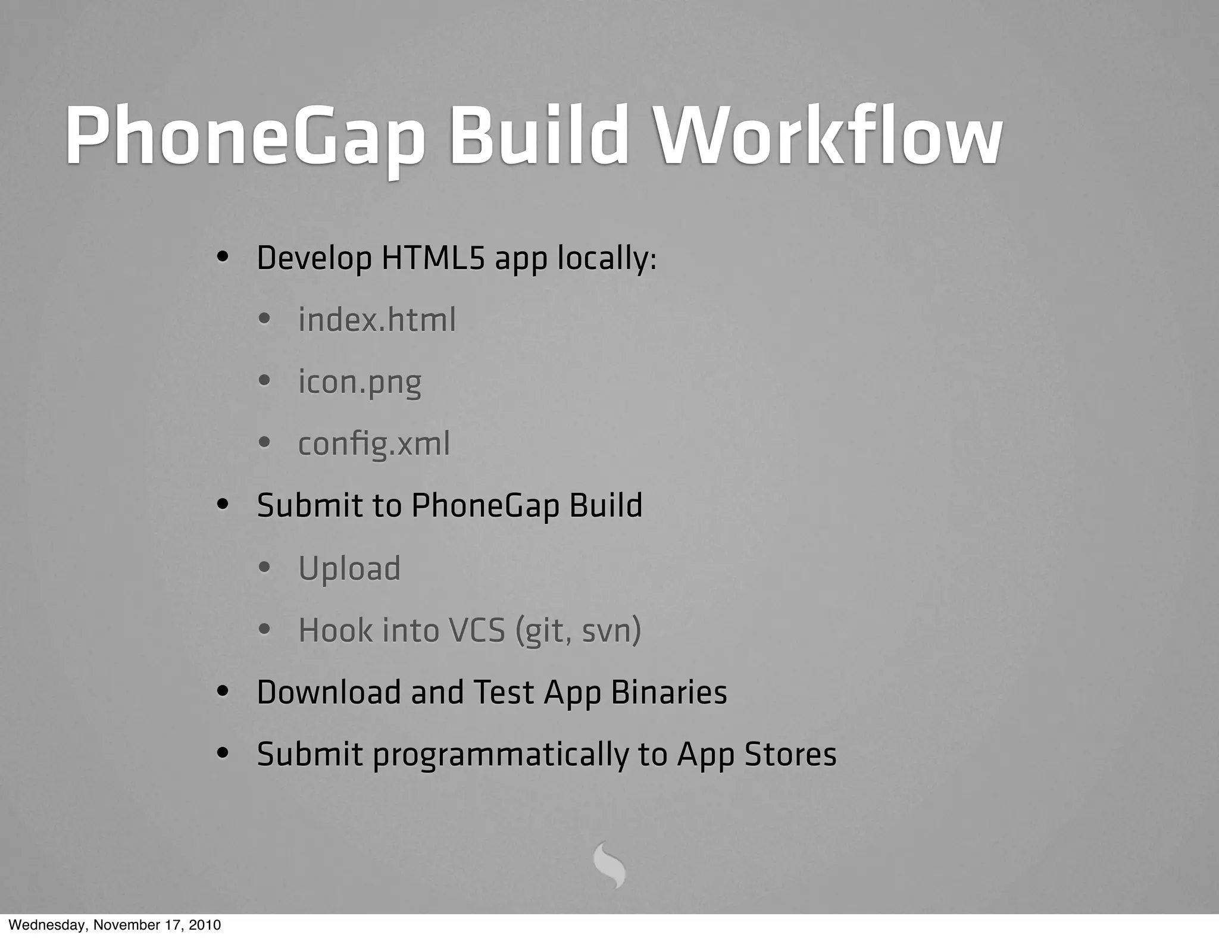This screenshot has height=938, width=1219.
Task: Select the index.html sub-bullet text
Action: (377, 320)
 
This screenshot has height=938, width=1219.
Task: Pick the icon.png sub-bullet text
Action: (360, 382)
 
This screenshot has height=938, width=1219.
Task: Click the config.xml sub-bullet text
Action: (374, 444)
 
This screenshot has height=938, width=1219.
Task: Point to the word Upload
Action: (349, 568)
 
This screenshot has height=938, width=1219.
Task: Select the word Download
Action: (329, 692)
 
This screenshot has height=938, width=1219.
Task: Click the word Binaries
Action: (668, 692)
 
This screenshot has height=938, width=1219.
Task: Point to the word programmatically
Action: (501, 755)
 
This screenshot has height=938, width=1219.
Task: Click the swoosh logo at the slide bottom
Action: (609, 865)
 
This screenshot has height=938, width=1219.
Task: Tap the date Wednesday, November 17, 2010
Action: (114, 925)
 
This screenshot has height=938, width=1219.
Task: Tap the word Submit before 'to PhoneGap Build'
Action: (310, 506)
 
